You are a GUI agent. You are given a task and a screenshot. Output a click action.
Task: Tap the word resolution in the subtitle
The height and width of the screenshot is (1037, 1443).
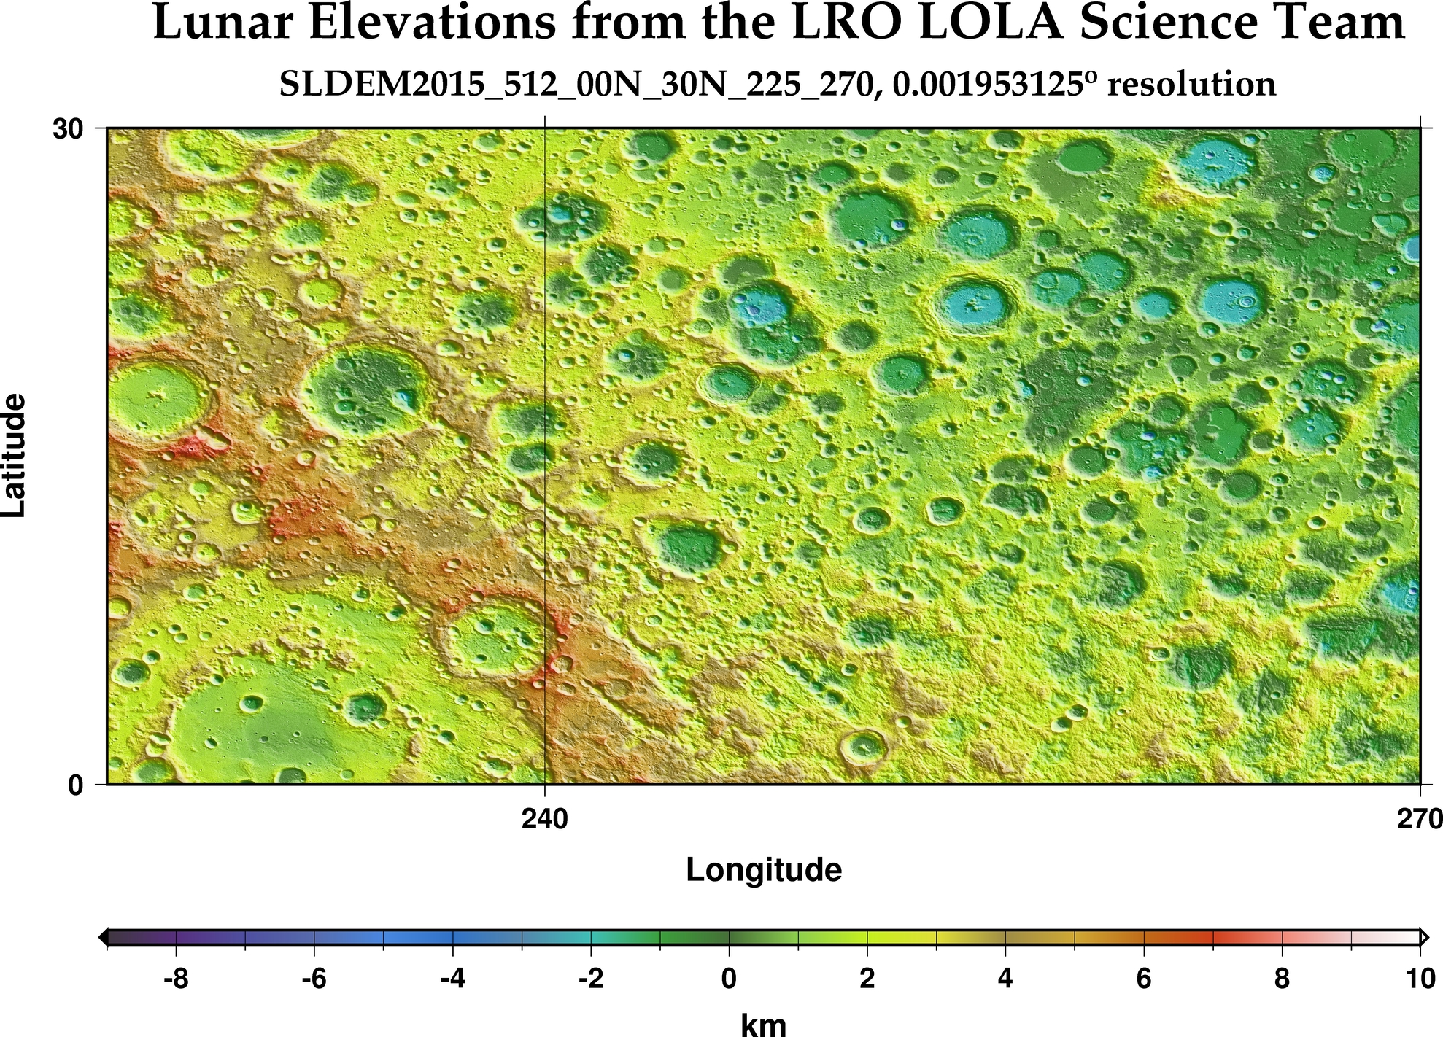[1191, 85]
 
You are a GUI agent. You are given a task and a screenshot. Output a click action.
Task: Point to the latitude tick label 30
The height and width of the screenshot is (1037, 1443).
[67, 129]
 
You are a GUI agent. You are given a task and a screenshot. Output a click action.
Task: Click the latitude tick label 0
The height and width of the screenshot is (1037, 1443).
[76, 786]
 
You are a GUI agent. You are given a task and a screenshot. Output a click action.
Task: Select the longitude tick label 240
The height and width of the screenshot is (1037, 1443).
[545, 820]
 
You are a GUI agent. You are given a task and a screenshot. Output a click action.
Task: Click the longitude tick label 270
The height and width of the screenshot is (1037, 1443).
[1420, 820]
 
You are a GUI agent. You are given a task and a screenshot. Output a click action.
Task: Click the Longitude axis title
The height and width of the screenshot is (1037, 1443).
[764, 870]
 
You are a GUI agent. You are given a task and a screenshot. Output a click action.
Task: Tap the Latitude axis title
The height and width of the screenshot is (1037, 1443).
[15, 456]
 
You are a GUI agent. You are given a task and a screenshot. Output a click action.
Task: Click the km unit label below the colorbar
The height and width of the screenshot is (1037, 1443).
[764, 1025]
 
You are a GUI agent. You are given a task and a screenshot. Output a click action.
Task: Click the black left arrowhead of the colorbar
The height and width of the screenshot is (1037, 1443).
[103, 937]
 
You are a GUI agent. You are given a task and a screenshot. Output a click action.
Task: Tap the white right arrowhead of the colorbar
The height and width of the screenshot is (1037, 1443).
[1424, 937]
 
